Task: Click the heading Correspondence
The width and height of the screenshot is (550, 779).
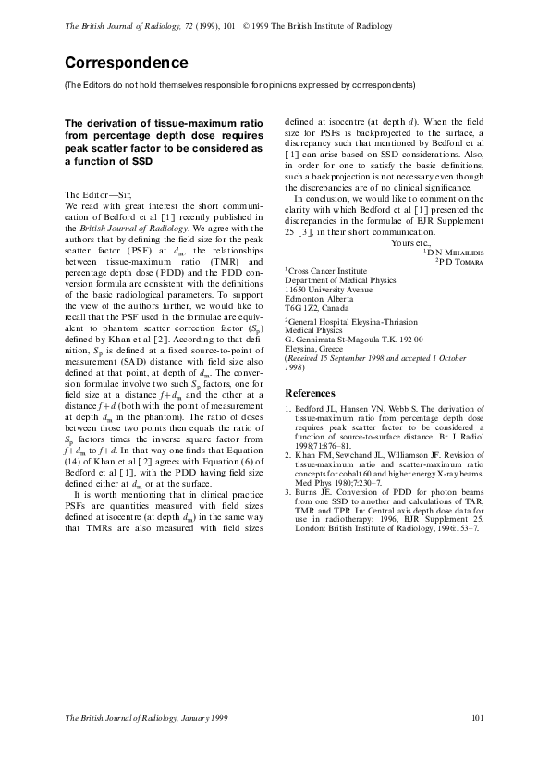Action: click(126, 63)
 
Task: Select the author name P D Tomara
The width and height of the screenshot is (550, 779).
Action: click(462, 262)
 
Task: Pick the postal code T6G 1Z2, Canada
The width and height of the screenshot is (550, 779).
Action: click(318, 308)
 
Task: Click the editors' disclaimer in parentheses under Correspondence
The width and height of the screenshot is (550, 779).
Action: click(239, 85)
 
